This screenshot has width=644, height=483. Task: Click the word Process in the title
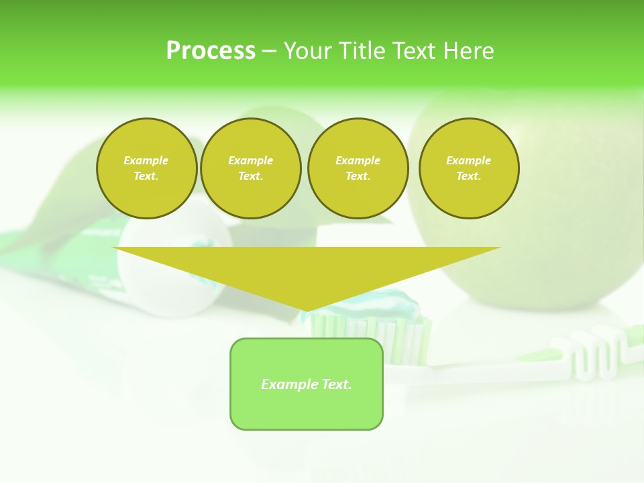[x=211, y=51]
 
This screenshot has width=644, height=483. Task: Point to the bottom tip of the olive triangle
[x=307, y=310]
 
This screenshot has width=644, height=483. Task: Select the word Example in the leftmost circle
[x=146, y=160]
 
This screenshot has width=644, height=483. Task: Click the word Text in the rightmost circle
[x=469, y=176]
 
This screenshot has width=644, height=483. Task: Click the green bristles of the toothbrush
[x=369, y=332]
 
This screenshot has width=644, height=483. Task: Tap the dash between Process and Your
[x=270, y=51]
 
